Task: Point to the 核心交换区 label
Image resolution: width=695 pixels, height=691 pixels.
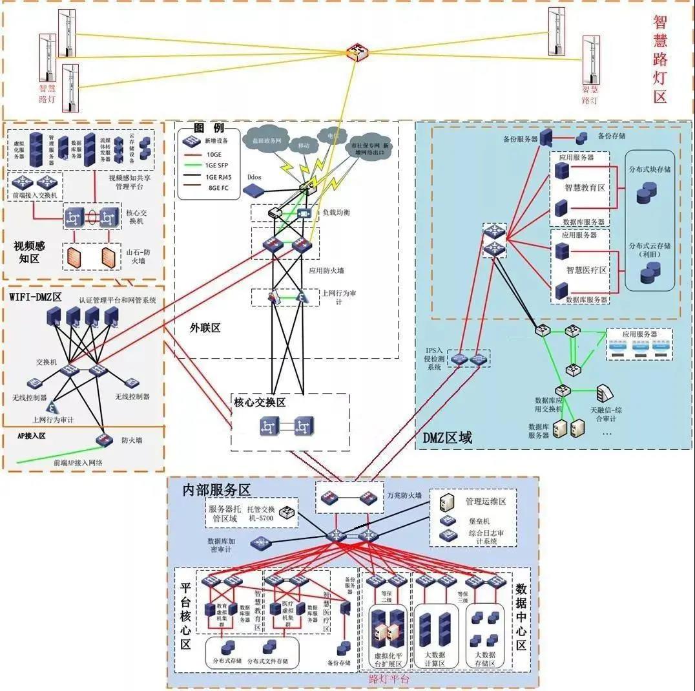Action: pos(259,402)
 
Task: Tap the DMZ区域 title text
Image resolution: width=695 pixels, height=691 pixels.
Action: pos(447,438)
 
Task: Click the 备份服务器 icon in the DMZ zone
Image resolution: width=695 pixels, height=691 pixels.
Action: pos(546,136)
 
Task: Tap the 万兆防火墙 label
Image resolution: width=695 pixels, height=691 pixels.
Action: pos(404,495)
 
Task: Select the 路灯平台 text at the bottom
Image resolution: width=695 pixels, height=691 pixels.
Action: pos(389,679)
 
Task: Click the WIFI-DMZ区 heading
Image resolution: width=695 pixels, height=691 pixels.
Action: pos(35,297)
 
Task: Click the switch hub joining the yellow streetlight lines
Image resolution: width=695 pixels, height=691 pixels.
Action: pos(356,52)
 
